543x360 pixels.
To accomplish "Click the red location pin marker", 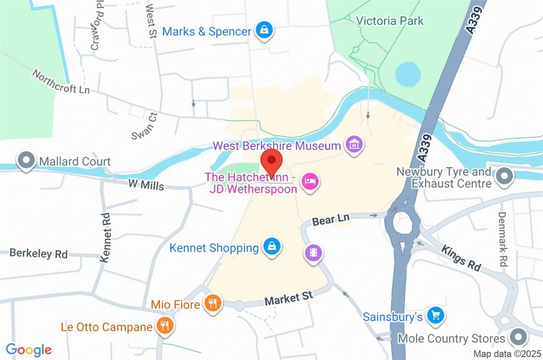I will coord(272,161).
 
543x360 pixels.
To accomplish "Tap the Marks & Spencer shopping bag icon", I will coord(263,31).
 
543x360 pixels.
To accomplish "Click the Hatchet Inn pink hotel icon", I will coord(310,182).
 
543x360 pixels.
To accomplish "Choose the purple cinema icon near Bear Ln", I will coord(313,252).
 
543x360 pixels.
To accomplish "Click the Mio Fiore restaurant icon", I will coord(212,303).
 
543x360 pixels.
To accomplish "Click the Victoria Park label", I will coord(390,21).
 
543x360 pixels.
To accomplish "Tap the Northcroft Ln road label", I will coord(61,82).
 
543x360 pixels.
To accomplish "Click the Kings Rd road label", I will coord(461,258).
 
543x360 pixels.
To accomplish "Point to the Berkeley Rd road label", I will coord(38,254).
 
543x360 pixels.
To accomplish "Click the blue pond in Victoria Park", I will coord(408,74).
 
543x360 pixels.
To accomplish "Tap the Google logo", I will coord(29,350).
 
